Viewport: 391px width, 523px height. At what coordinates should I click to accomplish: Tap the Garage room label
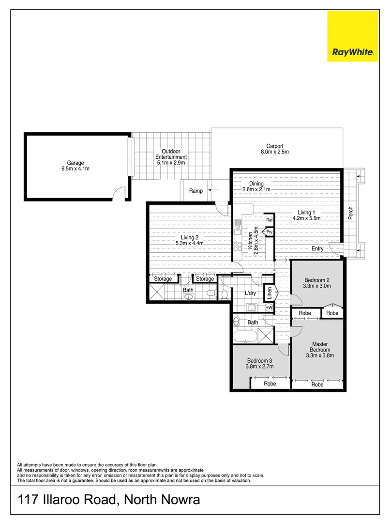coord(75,166)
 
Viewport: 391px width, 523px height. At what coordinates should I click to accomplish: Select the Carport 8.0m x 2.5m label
coord(274,149)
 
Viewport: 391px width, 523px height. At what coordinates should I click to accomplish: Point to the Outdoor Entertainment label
coord(171,157)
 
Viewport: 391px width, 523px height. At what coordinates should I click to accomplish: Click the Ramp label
coord(196,191)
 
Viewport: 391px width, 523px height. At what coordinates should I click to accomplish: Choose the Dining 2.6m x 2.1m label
coord(256,187)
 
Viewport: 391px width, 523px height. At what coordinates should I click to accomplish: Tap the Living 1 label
coord(306,215)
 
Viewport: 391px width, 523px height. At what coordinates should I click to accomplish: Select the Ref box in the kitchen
coord(269,220)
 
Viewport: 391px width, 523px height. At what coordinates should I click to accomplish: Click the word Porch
coord(351,213)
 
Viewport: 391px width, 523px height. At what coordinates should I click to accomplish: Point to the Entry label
coord(317,248)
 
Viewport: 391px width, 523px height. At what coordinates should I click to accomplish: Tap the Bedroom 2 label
coord(317,283)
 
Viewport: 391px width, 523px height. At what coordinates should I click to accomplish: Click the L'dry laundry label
coord(250,293)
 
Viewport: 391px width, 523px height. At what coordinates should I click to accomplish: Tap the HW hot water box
coord(269,308)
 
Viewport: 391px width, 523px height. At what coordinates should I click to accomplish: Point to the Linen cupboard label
coord(269,293)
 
